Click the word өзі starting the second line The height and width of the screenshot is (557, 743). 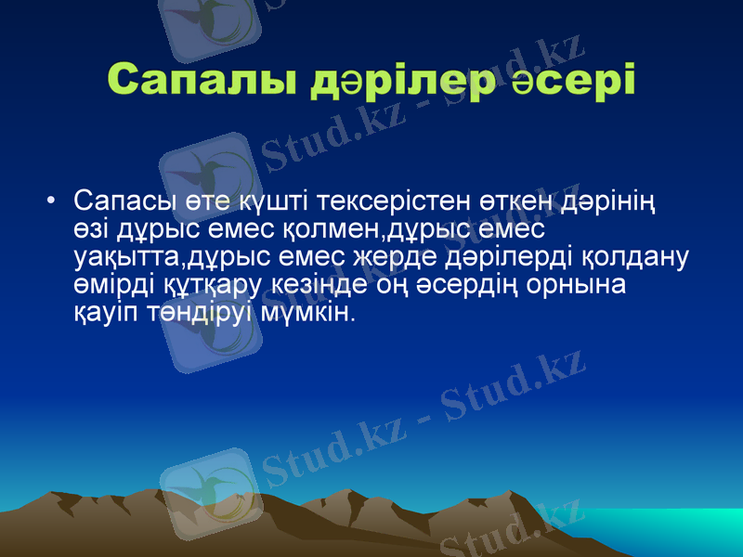click(92, 228)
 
